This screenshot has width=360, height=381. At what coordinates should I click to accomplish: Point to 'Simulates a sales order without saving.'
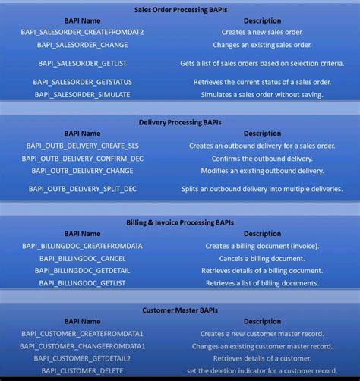(263, 94)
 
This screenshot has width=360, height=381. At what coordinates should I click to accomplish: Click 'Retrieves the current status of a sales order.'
(263, 81)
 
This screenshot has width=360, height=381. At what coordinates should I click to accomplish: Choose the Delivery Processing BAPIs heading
(180, 121)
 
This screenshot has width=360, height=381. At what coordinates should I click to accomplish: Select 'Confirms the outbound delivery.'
(263, 159)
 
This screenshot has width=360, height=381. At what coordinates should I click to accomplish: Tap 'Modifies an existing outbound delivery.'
(263, 171)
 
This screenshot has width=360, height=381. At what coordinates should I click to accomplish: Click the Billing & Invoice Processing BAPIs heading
(180, 222)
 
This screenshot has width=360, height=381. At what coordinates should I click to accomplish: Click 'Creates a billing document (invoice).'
(263, 246)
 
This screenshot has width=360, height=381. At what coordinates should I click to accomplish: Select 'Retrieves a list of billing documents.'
(263, 283)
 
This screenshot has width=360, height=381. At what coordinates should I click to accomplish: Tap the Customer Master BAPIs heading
(180, 310)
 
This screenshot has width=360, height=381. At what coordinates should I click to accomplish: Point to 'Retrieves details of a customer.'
(263, 357)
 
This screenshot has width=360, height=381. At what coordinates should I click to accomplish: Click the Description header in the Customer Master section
(263, 321)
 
